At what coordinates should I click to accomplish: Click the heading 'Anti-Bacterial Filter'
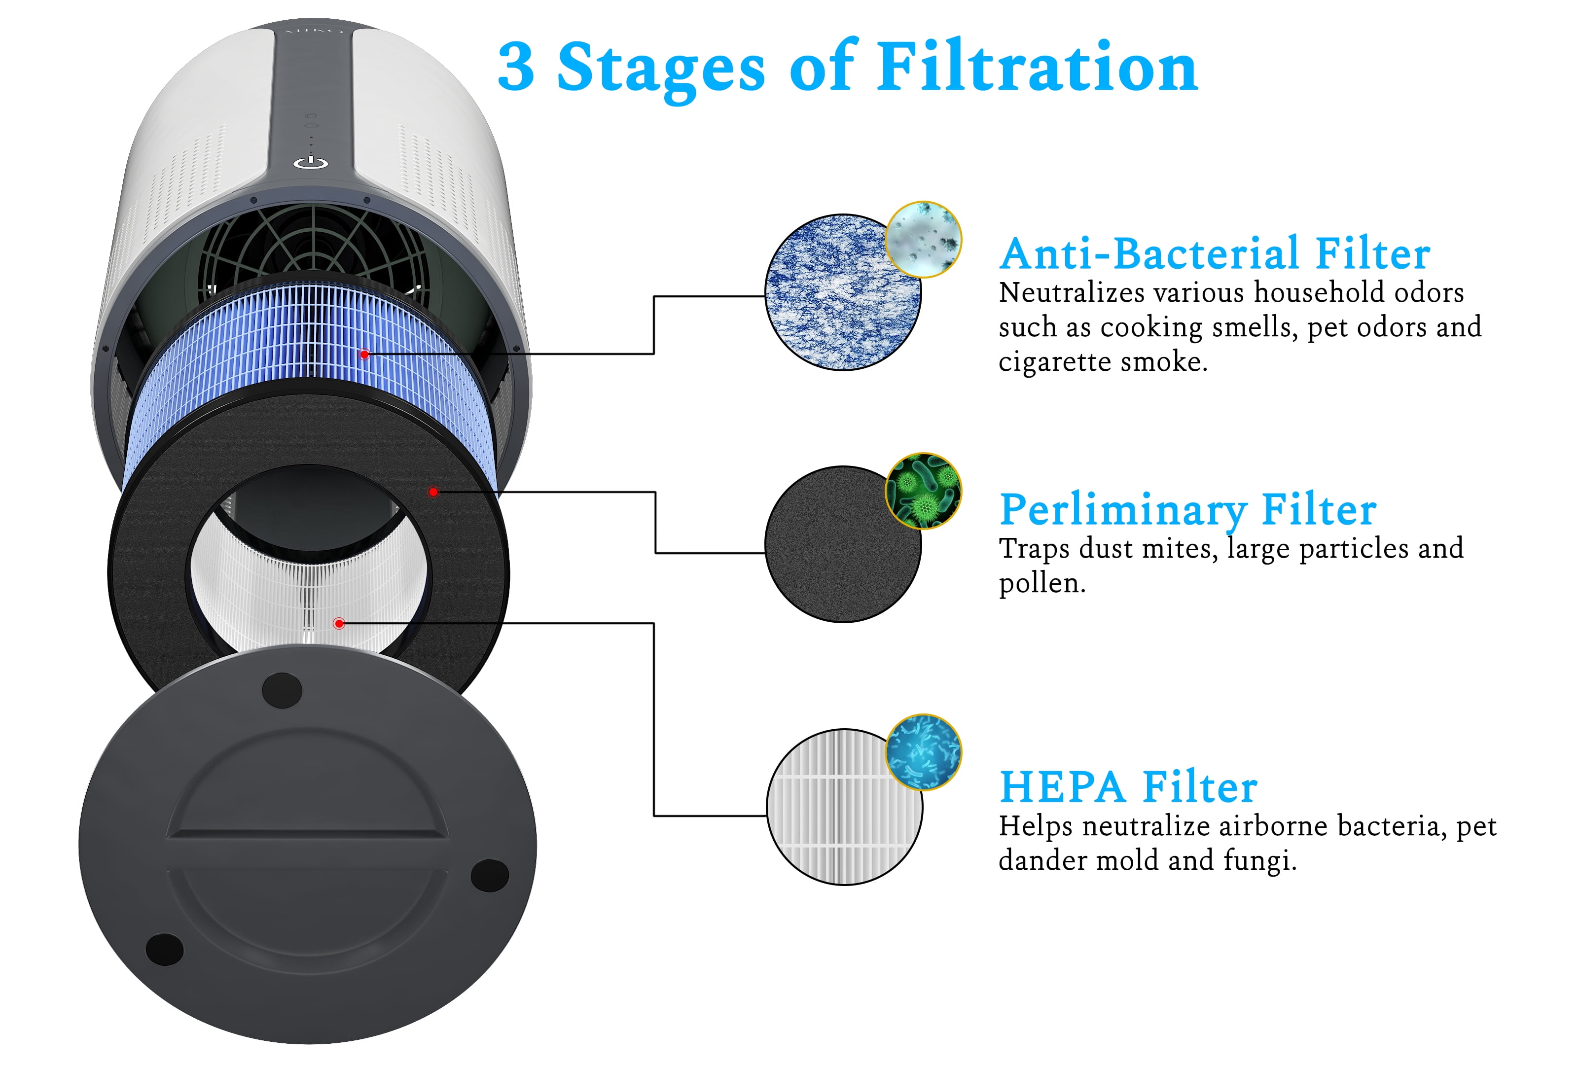(1214, 253)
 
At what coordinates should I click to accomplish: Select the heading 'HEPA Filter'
(1128, 786)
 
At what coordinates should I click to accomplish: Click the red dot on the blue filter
(365, 354)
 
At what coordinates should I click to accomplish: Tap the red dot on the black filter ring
(433, 491)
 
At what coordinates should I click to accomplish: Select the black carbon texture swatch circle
(843, 544)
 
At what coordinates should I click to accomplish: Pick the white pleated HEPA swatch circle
(844, 807)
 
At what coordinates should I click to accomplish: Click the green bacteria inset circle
(923, 491)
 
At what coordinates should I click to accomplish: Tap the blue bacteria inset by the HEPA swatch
(923, 752)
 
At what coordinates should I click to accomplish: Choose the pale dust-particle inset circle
(923, 239)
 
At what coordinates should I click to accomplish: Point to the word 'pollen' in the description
(1039, 583)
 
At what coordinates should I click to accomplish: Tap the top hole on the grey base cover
(282, 690)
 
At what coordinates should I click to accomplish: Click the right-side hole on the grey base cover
(490, 875)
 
